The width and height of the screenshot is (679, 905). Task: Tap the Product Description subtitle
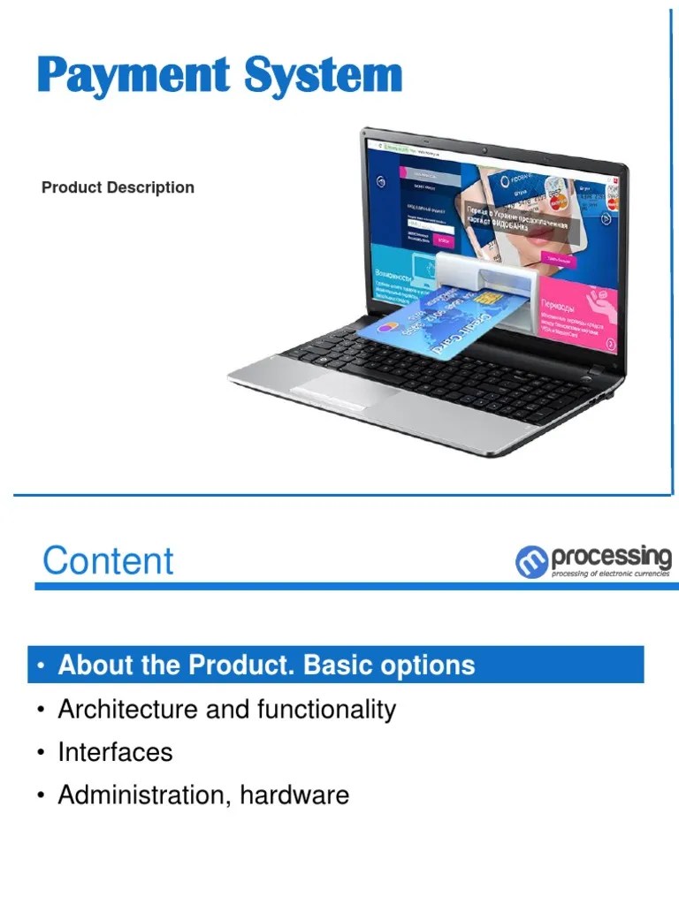pyautogui.click(x=118, y=187)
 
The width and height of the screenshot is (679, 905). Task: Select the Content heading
pyautogui.click(x=108, y=561)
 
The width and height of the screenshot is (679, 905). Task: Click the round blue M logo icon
pyautogui.click(x=531, y=562)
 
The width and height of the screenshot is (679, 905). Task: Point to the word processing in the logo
pyautogui.click(x=611, y=558)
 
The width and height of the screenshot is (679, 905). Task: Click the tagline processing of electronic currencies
pyautogui.click(x=610, y=574)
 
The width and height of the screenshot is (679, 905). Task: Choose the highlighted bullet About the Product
pyautogui.click(x=265, y=665)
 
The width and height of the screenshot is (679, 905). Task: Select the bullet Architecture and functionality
pyautogui.click(x=226, y=709)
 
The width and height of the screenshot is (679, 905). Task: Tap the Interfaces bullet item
pyautogui.click(x=115, y=752)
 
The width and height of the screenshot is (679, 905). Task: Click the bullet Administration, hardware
pyautogui.click(x=203, y=795)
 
